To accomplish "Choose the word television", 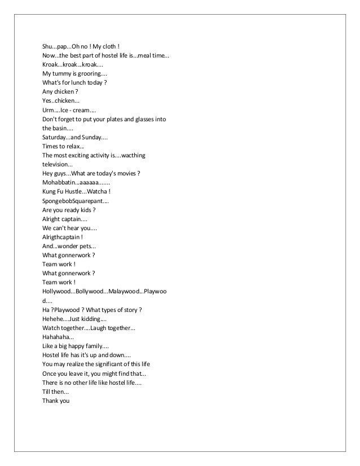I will coord(56,165).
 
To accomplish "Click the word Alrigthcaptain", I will coord(62,238).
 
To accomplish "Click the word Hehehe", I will coord(54,319).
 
